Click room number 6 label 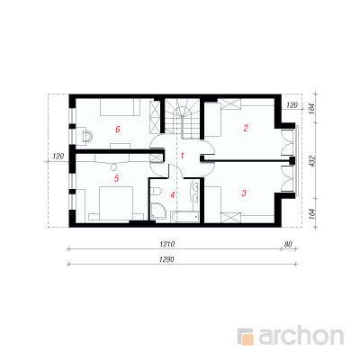point(118,130)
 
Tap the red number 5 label point(117,178)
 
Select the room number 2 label point(246,129)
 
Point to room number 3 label point(244,193)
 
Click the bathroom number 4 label point(172,195)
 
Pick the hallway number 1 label point(182,156)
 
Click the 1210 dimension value point(167,244)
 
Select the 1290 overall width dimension point(166,259)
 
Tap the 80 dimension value point(288,244)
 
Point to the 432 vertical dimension point(312,161)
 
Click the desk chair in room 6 point(86,136)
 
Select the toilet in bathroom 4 point(156,191)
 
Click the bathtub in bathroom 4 point(184,216)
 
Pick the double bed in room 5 point(116,204)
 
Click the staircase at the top point(182,118)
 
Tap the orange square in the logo point(247,339)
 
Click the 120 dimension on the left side point(58,157)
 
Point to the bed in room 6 point(120,107)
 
